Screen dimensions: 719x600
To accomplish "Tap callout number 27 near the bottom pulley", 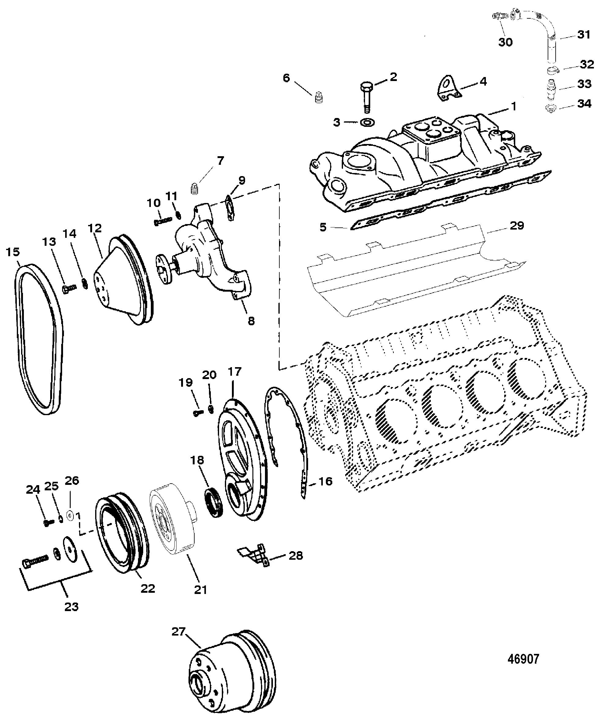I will click(178, 632).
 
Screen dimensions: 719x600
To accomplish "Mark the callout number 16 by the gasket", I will click(325, 482).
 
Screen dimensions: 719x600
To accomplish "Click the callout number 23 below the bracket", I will click(72, 607).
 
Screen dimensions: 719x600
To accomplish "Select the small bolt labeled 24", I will click(48, 523).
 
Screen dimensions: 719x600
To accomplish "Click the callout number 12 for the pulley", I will click(95, 228).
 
